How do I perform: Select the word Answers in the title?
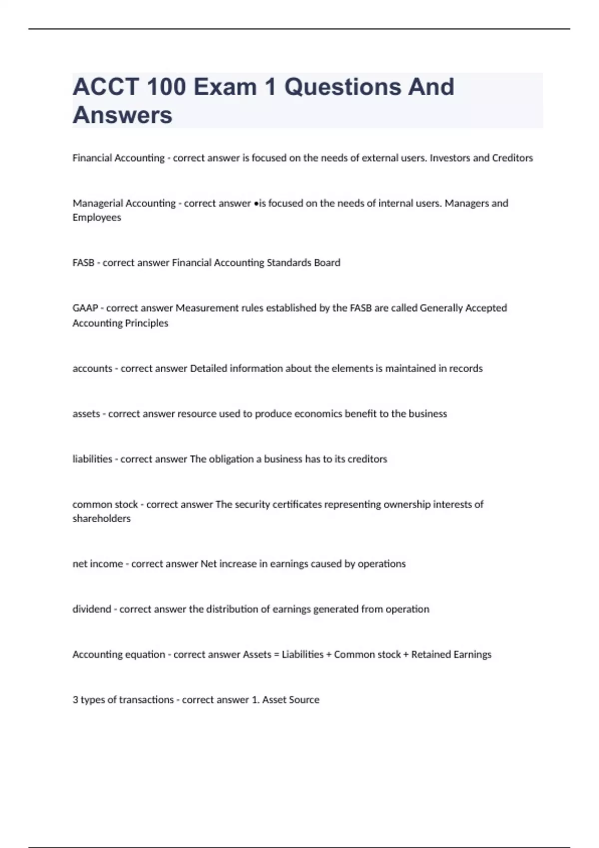(122, 115)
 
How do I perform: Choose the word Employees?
(97, 217)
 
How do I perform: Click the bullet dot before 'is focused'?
(256, 204)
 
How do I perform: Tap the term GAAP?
(85, 308)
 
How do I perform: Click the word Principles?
(146, 323)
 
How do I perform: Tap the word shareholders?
(101, 518)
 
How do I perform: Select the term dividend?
(91, 609)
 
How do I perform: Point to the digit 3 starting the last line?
(75, 700)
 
